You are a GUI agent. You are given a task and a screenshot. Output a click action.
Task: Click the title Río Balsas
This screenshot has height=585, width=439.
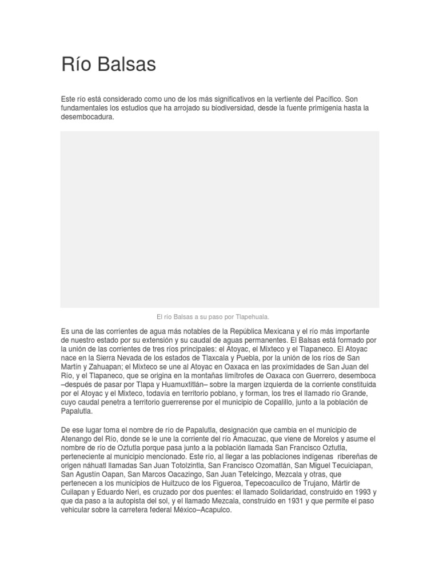108,65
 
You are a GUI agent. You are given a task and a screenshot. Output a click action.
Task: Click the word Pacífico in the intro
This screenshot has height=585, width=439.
328,99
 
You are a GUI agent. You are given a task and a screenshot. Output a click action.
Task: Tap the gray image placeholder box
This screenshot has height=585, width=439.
219,219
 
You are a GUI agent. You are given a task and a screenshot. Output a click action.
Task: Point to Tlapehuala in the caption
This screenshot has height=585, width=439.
249,316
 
